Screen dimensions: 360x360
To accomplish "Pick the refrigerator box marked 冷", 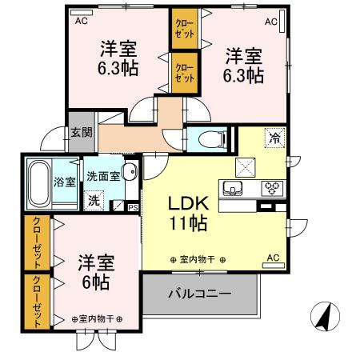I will point(274,137).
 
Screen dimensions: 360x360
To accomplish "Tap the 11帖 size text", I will point(187,224).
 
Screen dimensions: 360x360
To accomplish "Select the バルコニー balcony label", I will point(199,294).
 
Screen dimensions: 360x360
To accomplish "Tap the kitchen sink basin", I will point(235,190).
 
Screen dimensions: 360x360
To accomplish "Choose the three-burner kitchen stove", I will point(273,190).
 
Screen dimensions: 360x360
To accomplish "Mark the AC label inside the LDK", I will point(272,258).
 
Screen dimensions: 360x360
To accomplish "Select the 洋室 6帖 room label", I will point(94,272).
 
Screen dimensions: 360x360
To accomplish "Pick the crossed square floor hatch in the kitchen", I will point(244,168).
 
